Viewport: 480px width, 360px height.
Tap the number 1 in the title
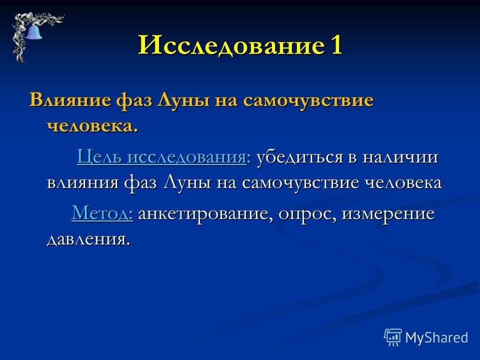click(336, 44)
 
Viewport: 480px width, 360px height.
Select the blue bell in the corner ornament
click(34, 32)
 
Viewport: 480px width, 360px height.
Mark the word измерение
click(388, 213)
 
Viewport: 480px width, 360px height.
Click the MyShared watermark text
click(436, 337)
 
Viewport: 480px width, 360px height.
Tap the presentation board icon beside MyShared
click(393, 336)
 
